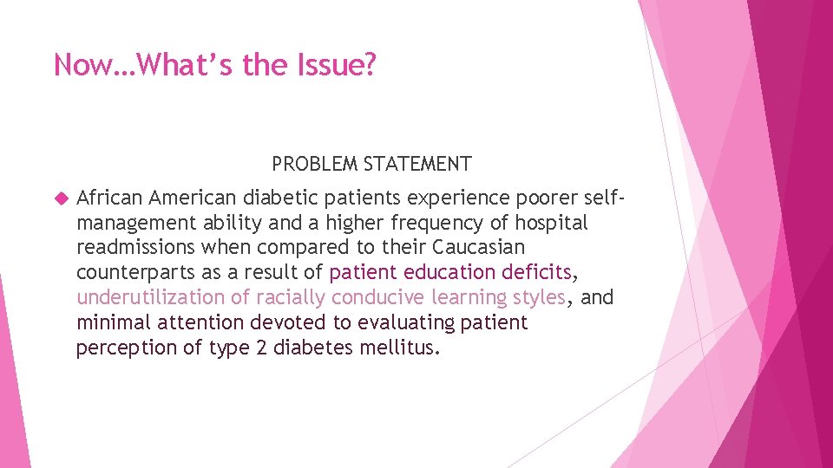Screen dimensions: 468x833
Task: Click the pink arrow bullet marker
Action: coord(60,198)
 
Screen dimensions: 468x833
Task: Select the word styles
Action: coord(539,298)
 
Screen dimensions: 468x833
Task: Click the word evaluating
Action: coord(408,323)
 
